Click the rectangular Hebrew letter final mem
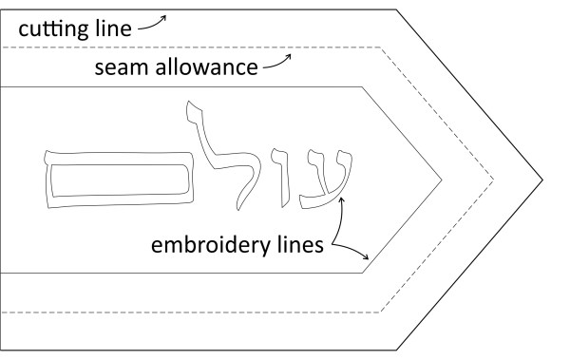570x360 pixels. click(x=115, y=177)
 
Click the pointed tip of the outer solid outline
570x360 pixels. click(x=542, y=179)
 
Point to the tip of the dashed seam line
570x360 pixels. click(x=493, y=179)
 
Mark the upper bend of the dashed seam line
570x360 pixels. click(x=381, y=47)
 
